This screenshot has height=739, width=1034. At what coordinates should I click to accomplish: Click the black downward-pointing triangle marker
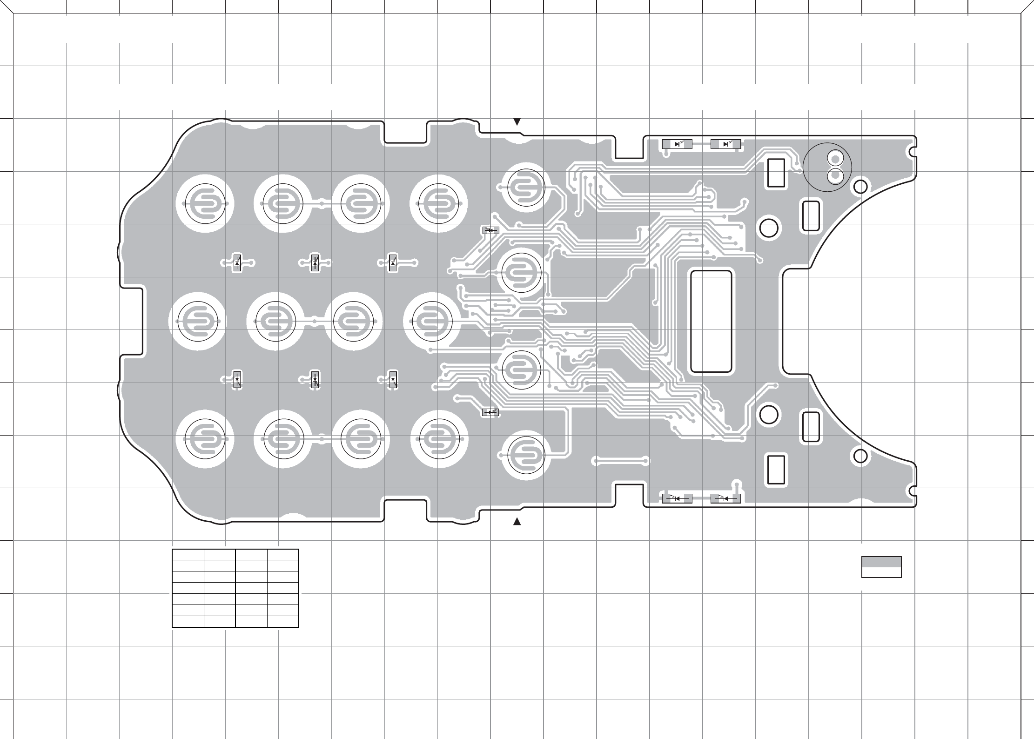coord(517,122)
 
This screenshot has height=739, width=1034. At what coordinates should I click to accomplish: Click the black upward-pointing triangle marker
coord(517,522)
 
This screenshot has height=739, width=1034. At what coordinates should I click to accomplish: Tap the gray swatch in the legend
coord(881,561)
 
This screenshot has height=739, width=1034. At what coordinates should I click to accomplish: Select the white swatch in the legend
coord(881,572)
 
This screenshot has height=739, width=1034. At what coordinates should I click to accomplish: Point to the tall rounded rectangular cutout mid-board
coord(711,321)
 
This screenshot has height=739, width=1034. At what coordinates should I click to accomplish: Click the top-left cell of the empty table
coord(188,554)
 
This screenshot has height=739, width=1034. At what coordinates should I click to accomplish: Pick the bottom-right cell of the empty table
coord(283,621)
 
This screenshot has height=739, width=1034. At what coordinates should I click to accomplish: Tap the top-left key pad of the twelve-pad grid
coord(205,204)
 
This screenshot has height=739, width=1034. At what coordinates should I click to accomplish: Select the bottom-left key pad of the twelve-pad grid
coord(205,439)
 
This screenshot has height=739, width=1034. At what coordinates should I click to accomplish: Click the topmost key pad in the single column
coord(526,187)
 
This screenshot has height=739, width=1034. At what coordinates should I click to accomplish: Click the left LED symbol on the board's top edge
coord(677,144)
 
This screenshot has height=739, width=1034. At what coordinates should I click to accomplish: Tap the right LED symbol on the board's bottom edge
coord(726,498)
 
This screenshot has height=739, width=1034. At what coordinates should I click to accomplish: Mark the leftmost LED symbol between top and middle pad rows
coord(237,263)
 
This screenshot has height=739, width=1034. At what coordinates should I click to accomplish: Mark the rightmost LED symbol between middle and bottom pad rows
coord(393,380)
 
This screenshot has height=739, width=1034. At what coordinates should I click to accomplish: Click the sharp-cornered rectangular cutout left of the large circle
coord(776,173)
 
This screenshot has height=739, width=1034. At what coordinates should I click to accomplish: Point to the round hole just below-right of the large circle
coord(861,187)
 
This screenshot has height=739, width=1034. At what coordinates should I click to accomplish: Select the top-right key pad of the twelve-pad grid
coord(439,204)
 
